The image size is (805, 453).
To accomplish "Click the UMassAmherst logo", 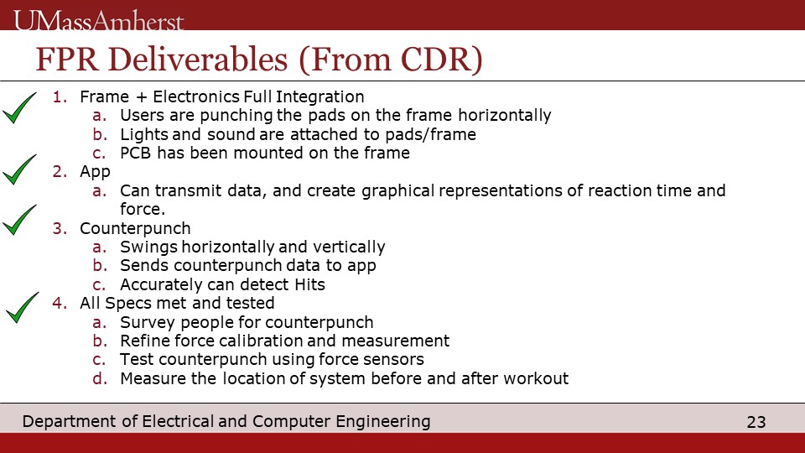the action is (x=99, y=20).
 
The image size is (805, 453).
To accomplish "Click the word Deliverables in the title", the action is (x=198, y=59).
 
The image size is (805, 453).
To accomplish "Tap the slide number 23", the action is (x=756, y=422).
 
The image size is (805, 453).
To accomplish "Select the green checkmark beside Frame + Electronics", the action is (x=19, y=108).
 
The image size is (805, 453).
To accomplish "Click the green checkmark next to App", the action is (x=19, y=169).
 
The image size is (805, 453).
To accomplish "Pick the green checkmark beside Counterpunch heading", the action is (x=19, y=220).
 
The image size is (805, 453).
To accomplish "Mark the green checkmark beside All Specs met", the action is (x=22, y=308).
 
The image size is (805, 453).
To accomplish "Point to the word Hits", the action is (x=309, y=284).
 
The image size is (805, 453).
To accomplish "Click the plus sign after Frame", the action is (x=141, y=97).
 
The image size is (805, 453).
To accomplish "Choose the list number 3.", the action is (x=60, y=228).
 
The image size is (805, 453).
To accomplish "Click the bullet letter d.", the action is (x=100, y=378).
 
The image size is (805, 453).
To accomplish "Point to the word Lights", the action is (x=143, y=134).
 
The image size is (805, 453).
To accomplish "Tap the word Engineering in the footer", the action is (x=383, y=422).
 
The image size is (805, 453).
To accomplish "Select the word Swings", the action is (x=148, y=247).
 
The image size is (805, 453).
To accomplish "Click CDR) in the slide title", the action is (x=441, y=60).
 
